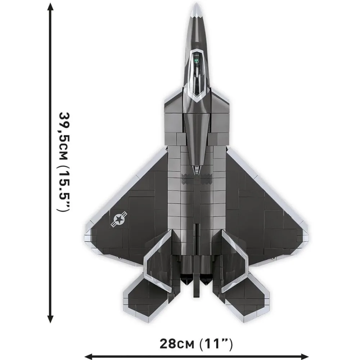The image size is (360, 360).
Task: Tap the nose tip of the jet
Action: click(x=196, y=6)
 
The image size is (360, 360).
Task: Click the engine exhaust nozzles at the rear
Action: click(x=196, y=268)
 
